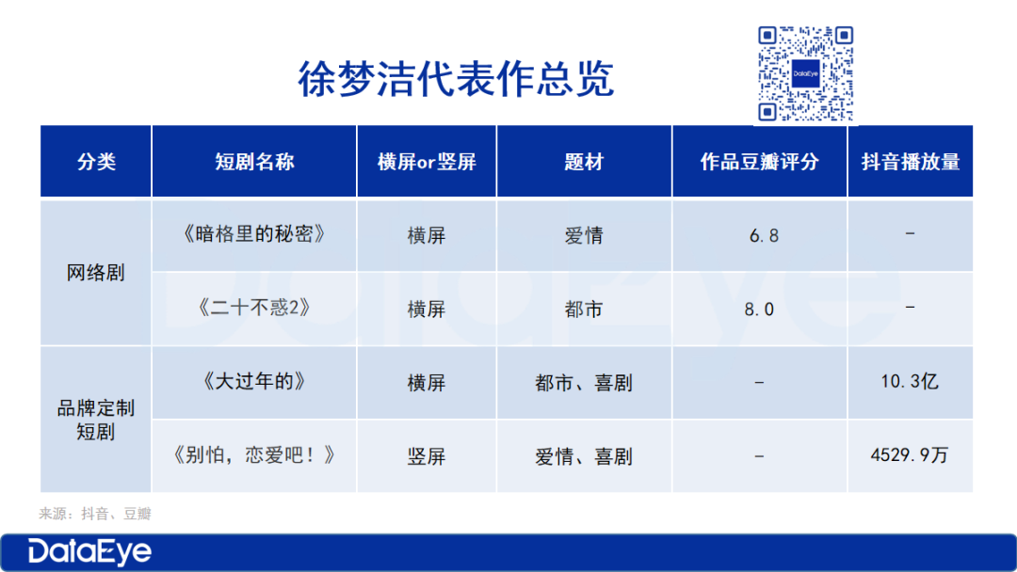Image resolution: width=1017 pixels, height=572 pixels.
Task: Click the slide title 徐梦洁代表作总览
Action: coord(456,79)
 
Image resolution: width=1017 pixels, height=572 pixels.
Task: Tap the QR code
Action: coord(805,73)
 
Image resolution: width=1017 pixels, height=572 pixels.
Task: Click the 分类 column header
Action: coord(96,161)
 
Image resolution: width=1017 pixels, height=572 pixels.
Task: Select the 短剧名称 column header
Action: coord(254,161)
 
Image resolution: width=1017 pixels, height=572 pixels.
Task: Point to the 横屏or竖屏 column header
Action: coord(427,161)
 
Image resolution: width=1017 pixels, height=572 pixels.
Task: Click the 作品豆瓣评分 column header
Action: coord(760,161)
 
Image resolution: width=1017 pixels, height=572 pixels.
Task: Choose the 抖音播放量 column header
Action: coord(911,161)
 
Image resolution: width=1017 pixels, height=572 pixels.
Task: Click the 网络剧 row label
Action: coord(96,273)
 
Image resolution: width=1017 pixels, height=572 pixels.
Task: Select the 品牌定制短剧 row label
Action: coord(96,420)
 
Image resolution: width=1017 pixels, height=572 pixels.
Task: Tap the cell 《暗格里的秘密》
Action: coord(254,234)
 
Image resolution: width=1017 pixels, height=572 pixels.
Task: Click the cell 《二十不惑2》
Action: coord(254,307)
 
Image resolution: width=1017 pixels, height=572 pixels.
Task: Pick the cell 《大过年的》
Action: coord(254,381)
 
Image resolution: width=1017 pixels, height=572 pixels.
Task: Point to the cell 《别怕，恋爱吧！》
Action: coord(254,454)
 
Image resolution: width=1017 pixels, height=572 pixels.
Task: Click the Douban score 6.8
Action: coord(764,236)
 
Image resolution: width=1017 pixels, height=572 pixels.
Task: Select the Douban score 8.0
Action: coord(759,310)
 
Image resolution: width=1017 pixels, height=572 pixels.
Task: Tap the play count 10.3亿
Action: coord(910,381)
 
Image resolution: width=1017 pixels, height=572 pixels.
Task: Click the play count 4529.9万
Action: coord(910,454)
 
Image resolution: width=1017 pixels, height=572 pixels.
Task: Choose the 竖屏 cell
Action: coord(427,456)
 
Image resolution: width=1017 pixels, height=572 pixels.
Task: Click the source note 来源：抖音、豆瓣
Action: coord(95,514)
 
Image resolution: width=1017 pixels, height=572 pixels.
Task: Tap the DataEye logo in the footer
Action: coord(89,552)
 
